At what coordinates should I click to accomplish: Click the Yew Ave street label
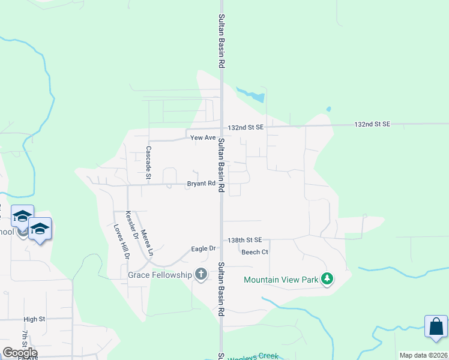[x=202, y=138]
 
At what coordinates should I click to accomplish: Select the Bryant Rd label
[x=200, y=184]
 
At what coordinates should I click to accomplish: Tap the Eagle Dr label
[x=203, y=248]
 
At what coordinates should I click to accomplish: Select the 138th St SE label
[x=246, y=240]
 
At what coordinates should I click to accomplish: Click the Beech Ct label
[x=255, y=252]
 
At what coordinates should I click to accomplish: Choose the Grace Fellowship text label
[x=159, y=275]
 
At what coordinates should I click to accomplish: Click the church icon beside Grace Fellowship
[x=201, y=275]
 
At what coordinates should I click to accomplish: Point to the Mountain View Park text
[x=280, y=280]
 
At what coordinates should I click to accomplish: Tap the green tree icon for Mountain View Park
[x=327, y=279]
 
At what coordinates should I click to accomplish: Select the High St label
[x=34, y=320]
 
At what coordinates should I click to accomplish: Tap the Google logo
[x=20, y=352]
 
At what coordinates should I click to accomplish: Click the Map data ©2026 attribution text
[x=424, y=355]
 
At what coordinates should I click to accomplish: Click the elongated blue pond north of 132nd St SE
[x=253, y=94]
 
